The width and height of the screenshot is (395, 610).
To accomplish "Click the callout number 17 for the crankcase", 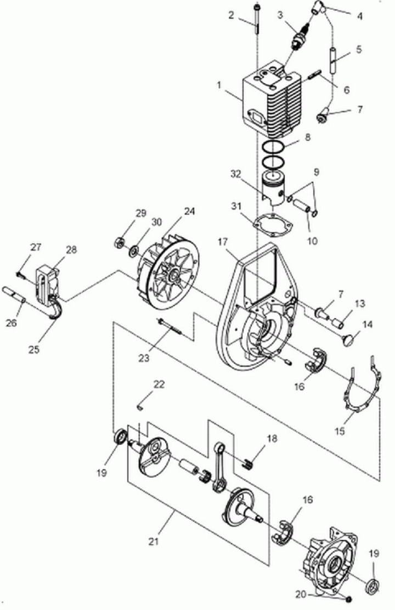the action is [x=223, y=241].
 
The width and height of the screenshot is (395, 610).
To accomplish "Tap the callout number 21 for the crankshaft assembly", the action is [x=154, y=540].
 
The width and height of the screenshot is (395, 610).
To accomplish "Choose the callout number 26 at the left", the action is [x=12, y=322].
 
